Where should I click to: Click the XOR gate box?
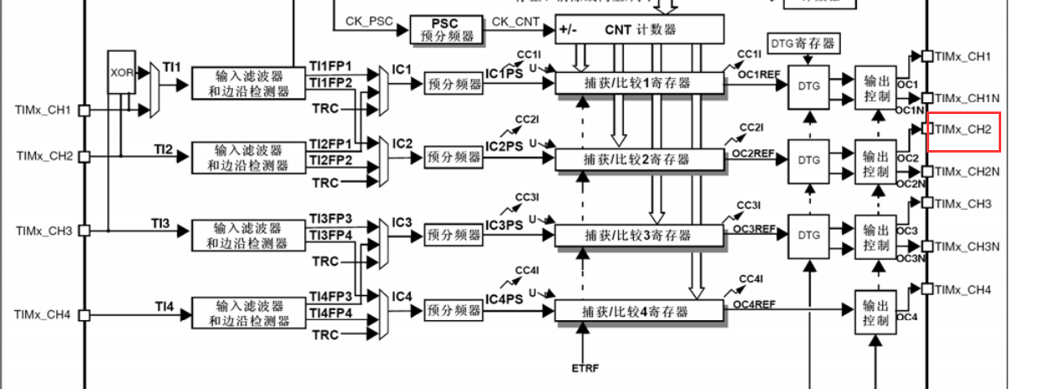click(121, 72)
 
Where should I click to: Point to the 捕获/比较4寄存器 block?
click(639, 311)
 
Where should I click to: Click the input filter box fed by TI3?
click(248, 235)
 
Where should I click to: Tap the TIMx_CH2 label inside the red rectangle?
click(963, 129)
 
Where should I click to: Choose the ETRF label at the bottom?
click(585, 368)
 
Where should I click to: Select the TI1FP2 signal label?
click(330, 82)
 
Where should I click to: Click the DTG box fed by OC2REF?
click(808, 158)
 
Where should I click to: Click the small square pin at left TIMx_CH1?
click(84, 109)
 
